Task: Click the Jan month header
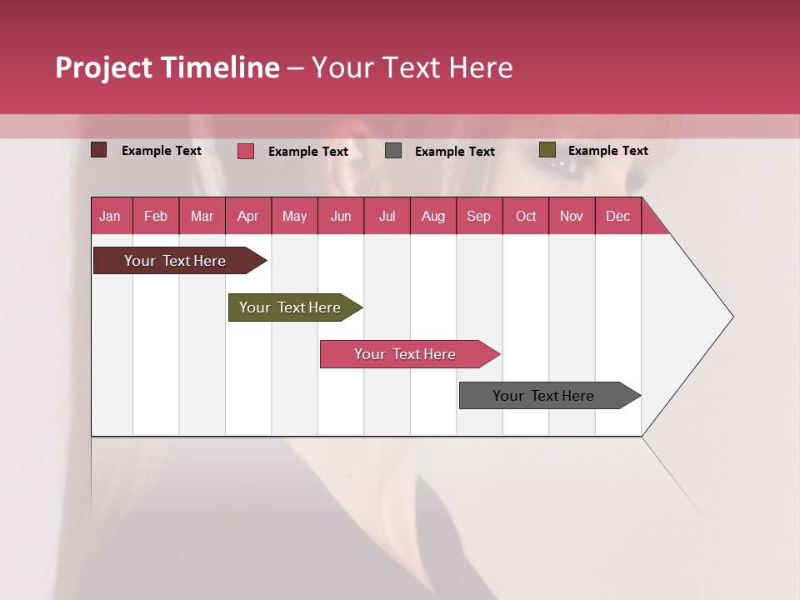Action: tap(110, 216)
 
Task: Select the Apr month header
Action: tap(247, 216)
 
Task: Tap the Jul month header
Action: tap(387, 216)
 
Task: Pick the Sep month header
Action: tap(478, 216)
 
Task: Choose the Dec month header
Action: tap(617, 216)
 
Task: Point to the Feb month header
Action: tap(156, 216)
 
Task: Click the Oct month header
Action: tap(526, 216)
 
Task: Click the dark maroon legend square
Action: tap(99, 150)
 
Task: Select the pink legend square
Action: tap(246, 151)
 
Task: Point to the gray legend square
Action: tap(393, 151)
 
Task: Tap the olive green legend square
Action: tap(547, 150)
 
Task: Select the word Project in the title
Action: tap(104, 67)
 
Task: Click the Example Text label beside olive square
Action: tap(608, 151)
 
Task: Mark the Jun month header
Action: tap(341, 216)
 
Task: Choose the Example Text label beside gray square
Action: tap(455, 152)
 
